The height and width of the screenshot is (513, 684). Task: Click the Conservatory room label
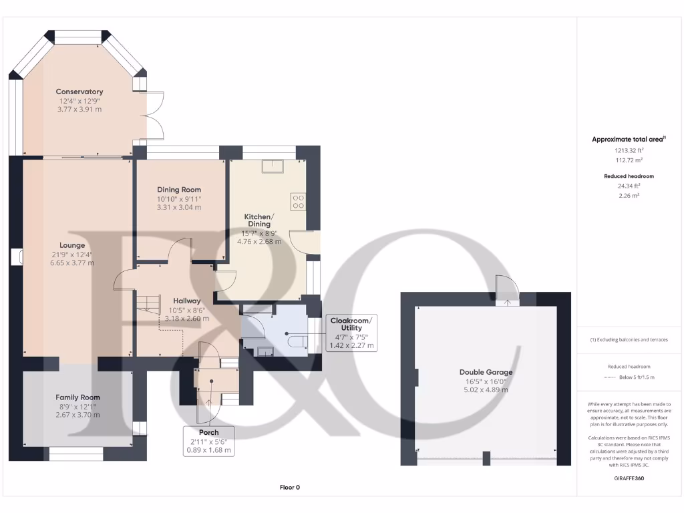[79, 92]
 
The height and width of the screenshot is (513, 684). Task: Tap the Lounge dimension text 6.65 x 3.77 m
[72, 263]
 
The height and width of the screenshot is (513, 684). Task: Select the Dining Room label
[179, 190]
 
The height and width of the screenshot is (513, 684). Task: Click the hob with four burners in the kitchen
[298, 201]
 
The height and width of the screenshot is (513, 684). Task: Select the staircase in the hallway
[149, 306]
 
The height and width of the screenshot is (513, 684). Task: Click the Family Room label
[77, 397]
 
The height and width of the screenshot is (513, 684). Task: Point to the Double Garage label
[486, 372]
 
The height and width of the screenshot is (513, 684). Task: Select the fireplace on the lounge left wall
[17, 258]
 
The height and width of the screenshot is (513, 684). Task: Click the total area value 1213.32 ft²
[629, 151]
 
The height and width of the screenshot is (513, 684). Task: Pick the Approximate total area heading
[629, 140]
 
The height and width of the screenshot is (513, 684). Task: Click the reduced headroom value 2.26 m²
[629, 196]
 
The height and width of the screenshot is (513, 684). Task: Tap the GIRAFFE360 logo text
[629, 478]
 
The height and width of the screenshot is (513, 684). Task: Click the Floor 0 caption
[290, 488]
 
